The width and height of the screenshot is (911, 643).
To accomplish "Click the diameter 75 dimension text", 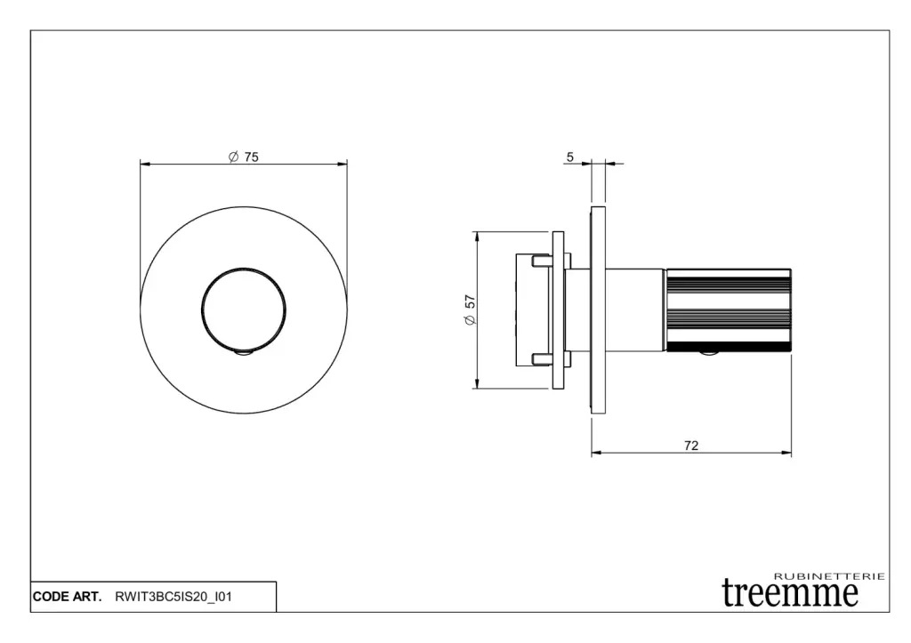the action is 244,157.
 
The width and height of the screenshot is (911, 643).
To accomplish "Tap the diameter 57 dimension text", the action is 470,310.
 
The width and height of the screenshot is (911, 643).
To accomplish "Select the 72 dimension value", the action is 690,446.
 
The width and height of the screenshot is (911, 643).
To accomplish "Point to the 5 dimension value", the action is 570,157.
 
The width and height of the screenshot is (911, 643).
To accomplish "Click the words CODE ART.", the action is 67,597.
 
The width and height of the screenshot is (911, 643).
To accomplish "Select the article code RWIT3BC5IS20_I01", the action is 173,597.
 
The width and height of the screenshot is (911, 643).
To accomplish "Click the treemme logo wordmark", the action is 790,593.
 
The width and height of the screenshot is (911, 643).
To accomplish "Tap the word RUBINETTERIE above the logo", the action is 830,576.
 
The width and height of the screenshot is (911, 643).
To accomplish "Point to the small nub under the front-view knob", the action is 244,354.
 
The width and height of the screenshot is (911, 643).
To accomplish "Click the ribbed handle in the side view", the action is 729,310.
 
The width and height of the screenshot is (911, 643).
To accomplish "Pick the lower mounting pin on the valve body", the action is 540,359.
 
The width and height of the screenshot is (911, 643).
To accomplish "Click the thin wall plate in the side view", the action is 599,310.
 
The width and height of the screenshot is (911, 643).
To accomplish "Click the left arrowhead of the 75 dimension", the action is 145,165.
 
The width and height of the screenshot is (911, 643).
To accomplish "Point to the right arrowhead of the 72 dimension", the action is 786,453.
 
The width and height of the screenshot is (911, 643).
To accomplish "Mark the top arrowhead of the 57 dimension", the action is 477,237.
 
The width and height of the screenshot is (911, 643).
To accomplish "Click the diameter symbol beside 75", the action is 234,157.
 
